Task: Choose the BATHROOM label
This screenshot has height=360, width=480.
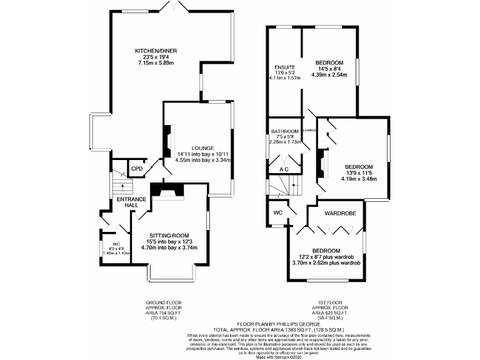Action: (x=285, y=131)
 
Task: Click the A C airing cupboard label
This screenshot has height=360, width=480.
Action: (x=284, y=169)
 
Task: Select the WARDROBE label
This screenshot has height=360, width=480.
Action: (x=341, y=214)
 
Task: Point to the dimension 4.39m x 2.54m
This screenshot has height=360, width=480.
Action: (x=328, y=73)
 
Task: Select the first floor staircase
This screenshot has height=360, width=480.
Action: (x=284, y=185)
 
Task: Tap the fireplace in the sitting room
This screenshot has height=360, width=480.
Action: (x=168, y=192)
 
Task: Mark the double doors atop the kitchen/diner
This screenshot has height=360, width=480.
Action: (x=174, y=7)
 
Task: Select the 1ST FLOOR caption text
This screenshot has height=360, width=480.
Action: (x=331, y=301)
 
